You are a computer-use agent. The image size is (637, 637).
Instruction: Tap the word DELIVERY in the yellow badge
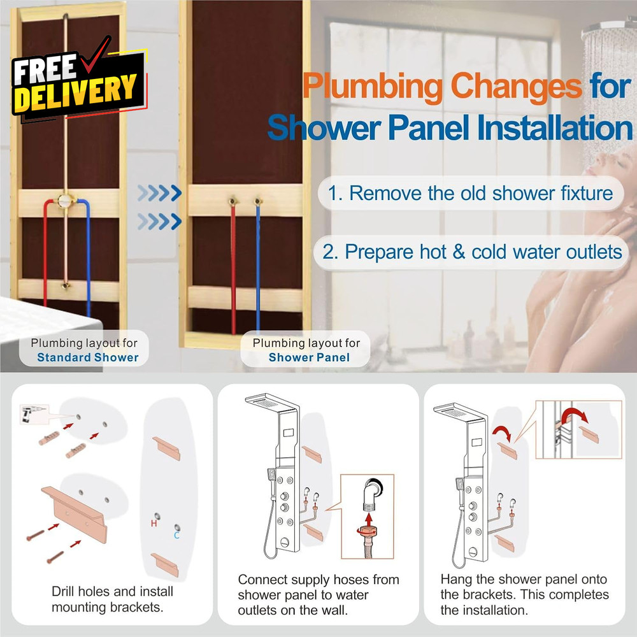point(75,94)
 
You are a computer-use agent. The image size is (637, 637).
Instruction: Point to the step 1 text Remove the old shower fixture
point(471,193)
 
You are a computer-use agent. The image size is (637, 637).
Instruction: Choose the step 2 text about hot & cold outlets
point(471,252)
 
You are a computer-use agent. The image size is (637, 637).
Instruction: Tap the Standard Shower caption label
point(87,357)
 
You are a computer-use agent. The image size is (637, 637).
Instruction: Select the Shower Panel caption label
point(309,357)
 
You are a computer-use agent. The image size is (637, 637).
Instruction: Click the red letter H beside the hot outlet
point(154,524)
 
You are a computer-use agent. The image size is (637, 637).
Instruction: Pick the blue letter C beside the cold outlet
point(176,536)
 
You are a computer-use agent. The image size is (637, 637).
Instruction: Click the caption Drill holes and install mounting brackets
point(112,599)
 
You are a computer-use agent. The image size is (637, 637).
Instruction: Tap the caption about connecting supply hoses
point(318,595)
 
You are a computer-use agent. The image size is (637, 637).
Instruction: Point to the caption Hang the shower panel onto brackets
point(524,595)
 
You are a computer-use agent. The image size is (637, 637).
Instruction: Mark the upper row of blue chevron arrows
point(159,193)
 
